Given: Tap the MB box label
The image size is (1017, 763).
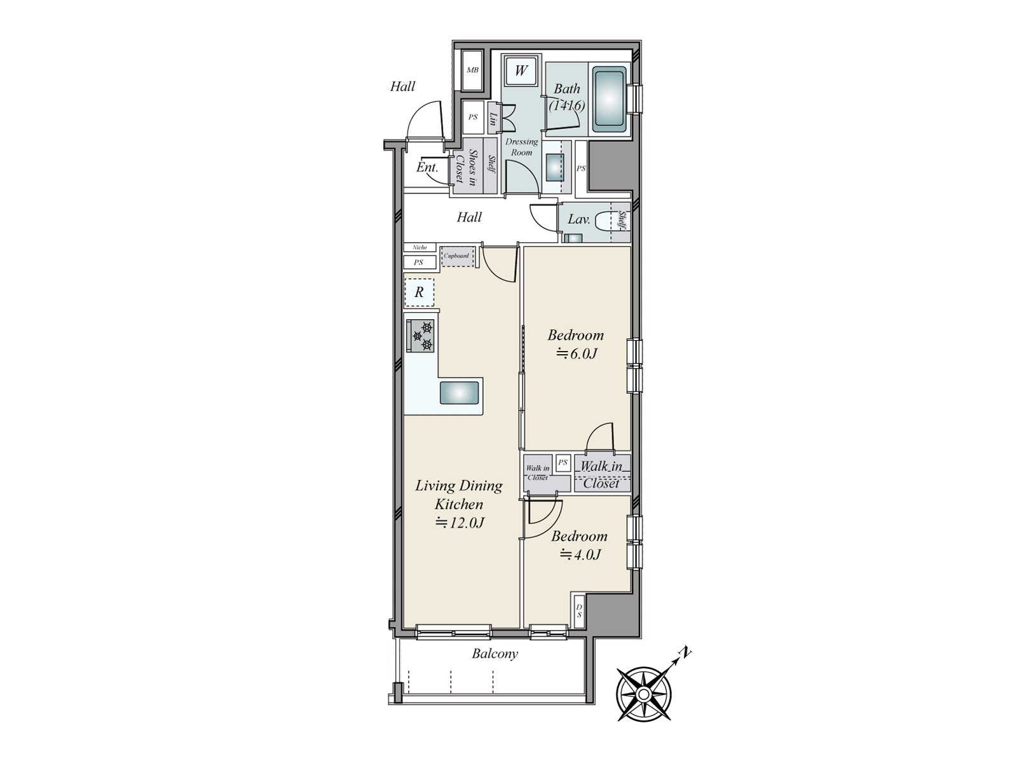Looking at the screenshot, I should point(472,71).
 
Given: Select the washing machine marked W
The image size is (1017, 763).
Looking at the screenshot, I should point(521,71).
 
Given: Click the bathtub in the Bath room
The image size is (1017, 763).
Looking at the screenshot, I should point(610,100).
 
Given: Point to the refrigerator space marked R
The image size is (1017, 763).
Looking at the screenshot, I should point(419,292).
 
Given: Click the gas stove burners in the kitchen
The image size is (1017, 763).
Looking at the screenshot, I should point(422,336).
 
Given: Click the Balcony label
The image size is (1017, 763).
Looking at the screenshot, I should point(495,654).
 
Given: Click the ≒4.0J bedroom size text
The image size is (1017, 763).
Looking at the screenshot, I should point(580,554).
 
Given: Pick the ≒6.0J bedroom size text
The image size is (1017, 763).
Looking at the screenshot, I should point(576,354).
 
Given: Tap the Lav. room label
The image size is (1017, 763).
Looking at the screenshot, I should point(579,219).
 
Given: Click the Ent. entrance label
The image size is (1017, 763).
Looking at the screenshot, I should point(427,167).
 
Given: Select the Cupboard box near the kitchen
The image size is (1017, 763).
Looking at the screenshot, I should point(456,256).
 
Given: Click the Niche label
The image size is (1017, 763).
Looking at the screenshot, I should point(420,247).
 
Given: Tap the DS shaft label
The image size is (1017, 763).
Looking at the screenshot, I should point(579,611).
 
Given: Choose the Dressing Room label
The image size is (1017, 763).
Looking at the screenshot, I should point(521,147).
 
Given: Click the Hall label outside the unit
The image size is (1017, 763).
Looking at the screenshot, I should point(402,86).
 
